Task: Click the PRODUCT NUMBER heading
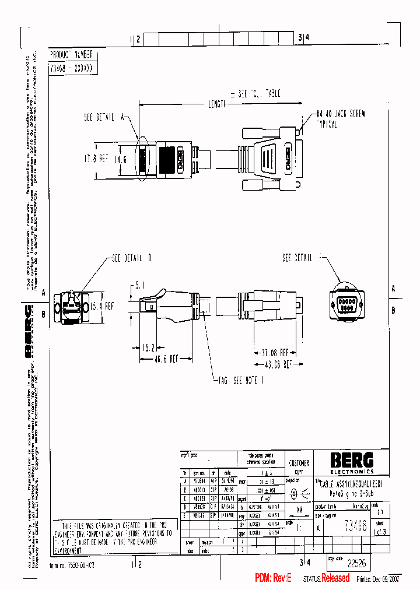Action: (x=71, y=54)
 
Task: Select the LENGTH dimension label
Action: (x=218, y=104)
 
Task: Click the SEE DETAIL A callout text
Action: (x=105, y=117)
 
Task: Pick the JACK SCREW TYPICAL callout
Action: (x=341, y=120)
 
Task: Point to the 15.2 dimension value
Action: (x=148, y=348)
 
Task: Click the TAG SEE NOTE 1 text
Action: (x=243, y=380)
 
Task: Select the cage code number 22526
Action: (x=357, y=564)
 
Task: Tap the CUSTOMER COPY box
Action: (x=299, y=466)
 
